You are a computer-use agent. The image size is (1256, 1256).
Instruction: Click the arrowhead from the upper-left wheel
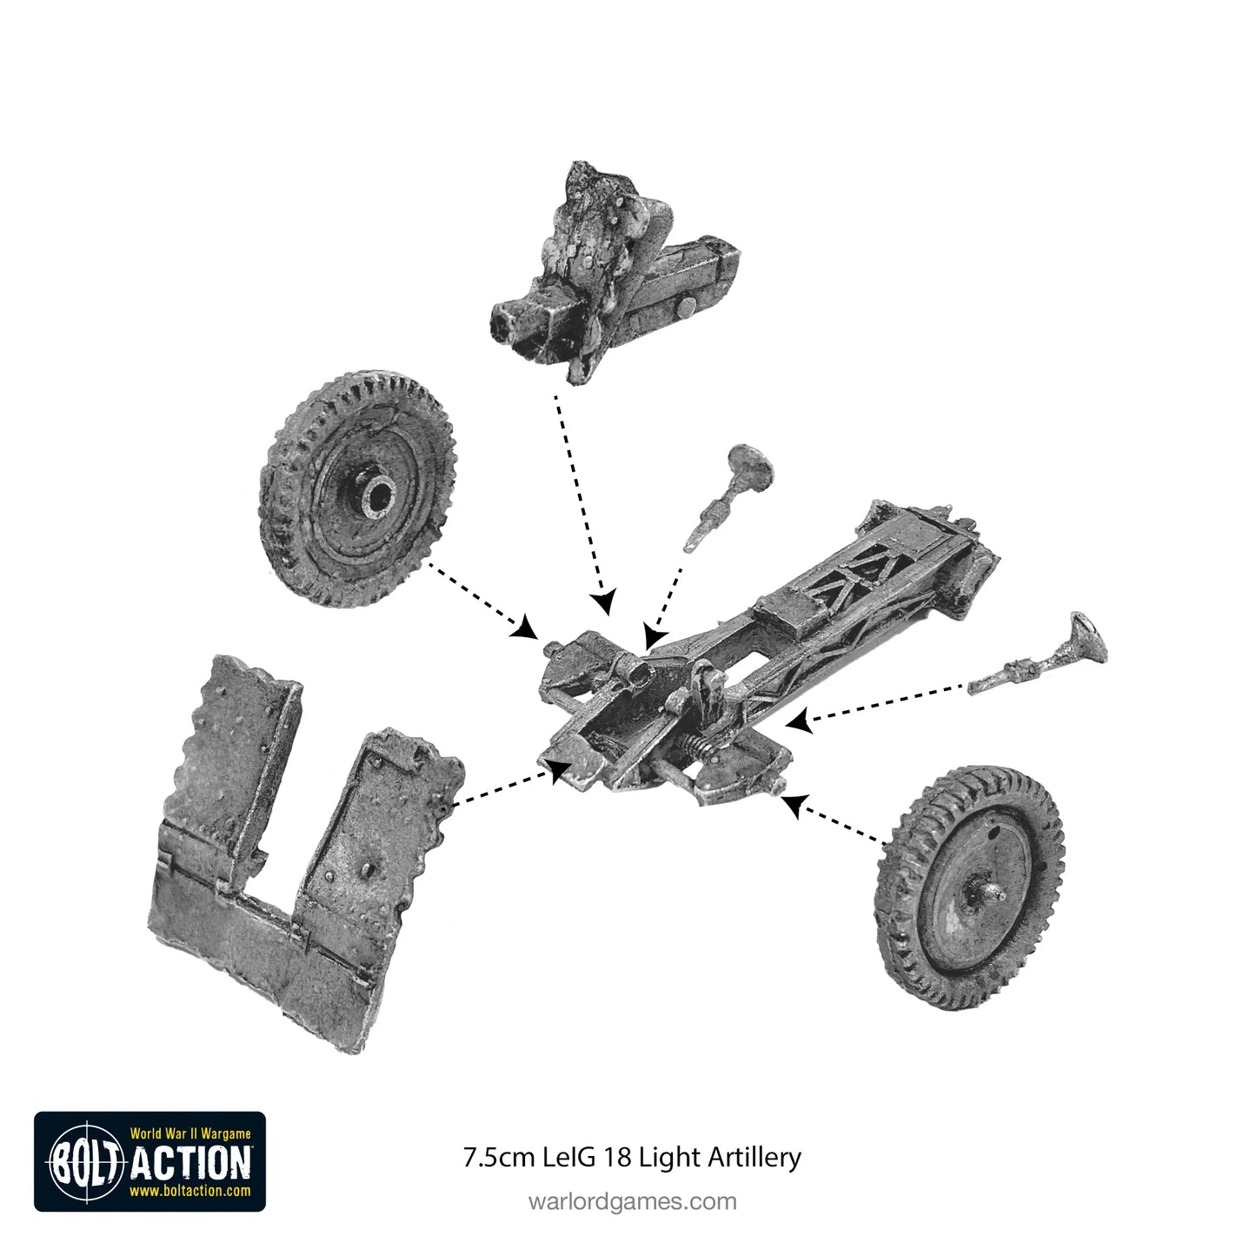[x=525, y=628]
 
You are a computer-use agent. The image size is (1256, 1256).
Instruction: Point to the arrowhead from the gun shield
[x=560, y=767]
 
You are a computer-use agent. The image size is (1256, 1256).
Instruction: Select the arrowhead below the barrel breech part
[x=605, y=602]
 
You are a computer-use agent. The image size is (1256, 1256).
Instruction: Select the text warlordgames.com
[x=632, y=1201]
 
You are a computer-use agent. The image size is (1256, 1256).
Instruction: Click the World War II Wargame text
[x=190, y=1133]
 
